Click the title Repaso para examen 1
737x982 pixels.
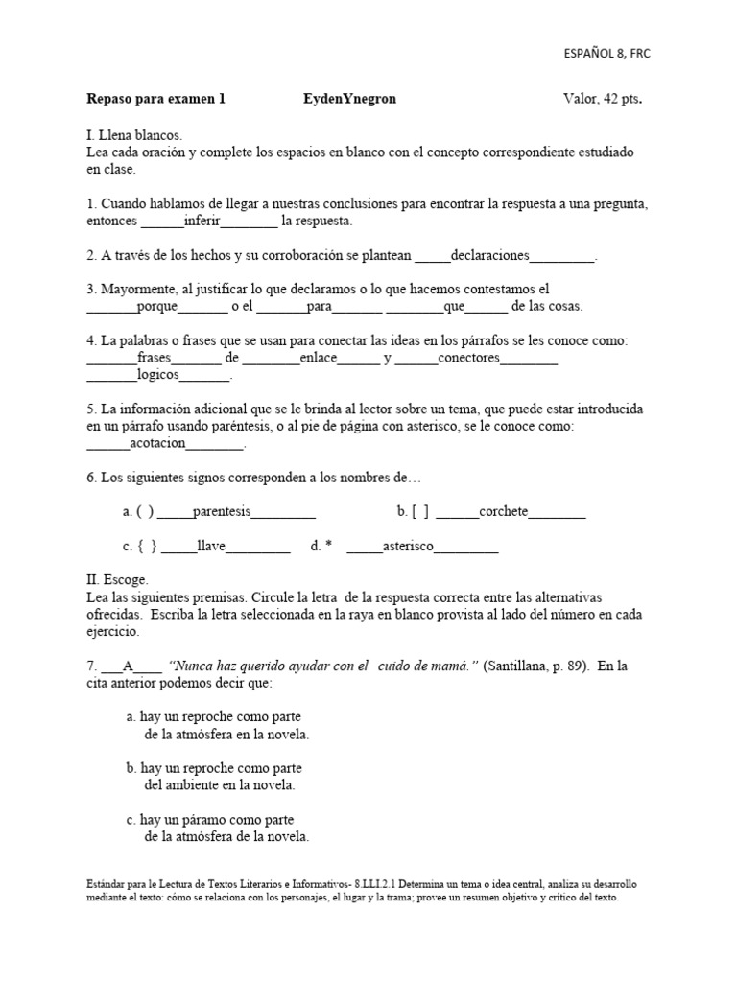(x=155, y=99)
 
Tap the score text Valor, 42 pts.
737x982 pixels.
(x=603, y=99)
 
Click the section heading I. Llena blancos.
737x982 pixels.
(x=133, y=136)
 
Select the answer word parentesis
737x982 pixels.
(x=222, y=512)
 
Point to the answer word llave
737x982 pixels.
(x=210, y=547)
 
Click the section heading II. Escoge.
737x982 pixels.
(x=117, y=580)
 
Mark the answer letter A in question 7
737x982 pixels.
(x=127, y=666)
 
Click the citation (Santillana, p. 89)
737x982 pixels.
(x=535, y=666)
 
